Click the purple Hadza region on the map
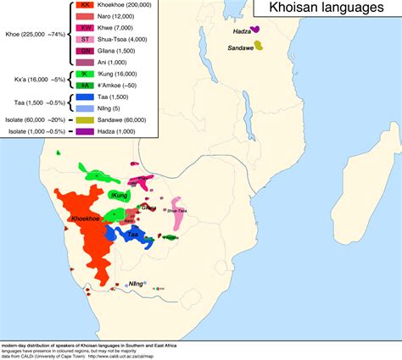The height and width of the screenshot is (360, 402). pos(257,30)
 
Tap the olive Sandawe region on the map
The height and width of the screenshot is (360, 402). pos(259,45)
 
